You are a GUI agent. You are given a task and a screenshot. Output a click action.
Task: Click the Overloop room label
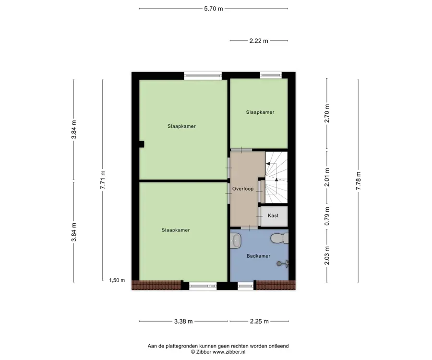(x=243, y=189)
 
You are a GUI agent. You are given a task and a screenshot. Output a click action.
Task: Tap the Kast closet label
(x=273, y=216)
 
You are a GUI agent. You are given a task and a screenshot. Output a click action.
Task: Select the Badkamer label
(x=258, y=256)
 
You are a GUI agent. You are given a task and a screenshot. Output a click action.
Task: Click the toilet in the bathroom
(x=279, y=238)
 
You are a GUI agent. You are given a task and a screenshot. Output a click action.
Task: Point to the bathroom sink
(x=236, y=240)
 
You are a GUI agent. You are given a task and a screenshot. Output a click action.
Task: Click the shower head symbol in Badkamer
(x=283, y=264)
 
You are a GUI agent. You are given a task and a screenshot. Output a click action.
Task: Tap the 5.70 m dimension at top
(x=214, y=9)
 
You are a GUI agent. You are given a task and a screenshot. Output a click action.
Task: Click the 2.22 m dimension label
(x=259, y=41)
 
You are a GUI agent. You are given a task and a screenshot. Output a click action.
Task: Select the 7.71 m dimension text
(x=103, y=180)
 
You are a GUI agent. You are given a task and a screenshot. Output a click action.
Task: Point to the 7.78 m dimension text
(x=358, y=180)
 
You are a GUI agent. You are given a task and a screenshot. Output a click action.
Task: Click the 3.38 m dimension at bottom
(x=183, y=321)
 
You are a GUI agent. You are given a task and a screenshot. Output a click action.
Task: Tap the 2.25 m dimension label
(x=259, y=321)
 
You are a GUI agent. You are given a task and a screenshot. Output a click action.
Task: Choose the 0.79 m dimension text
(x=327, y=216)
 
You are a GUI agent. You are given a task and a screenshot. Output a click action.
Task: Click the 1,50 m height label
(x=117, y=280)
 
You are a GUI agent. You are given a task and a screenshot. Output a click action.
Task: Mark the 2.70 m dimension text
(x=327, y=113)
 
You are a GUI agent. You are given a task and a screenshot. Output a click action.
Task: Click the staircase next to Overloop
(x=276, y=178)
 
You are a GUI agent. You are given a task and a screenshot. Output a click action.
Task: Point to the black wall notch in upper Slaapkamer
(x=141, y=144)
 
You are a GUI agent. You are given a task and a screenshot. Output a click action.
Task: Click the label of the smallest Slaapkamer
(x=260, y=112)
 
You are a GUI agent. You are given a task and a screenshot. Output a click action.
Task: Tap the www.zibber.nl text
(x=228, y=352)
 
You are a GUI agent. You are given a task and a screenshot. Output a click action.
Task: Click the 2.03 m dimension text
(x=327, y=256)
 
